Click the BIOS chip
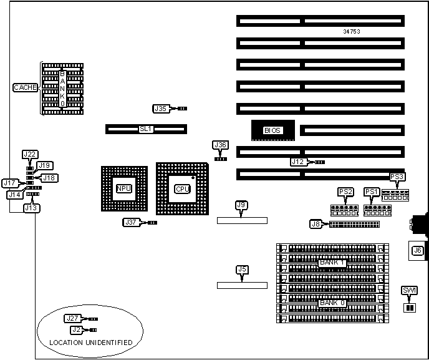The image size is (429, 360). [272, 130]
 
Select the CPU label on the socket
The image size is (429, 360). [182, 188]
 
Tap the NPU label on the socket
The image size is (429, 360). [123, 188]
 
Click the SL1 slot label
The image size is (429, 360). [145, 129]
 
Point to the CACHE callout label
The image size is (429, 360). [26, 88]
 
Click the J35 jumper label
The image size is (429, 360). [161, 109]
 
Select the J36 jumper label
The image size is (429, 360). [220, 145]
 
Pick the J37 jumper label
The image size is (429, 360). [131, 222]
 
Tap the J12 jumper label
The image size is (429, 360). [299, 162]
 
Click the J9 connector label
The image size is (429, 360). [241, 205]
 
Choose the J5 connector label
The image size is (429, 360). [242, 270]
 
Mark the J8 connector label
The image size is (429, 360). [316, 223]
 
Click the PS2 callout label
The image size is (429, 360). [345, 191]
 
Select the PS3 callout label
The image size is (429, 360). [397, 177]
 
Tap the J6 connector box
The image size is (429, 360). [418, 251]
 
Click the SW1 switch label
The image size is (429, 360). [409, 291]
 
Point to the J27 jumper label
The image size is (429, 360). [72, 318]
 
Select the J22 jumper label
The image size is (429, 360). [30, 154]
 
